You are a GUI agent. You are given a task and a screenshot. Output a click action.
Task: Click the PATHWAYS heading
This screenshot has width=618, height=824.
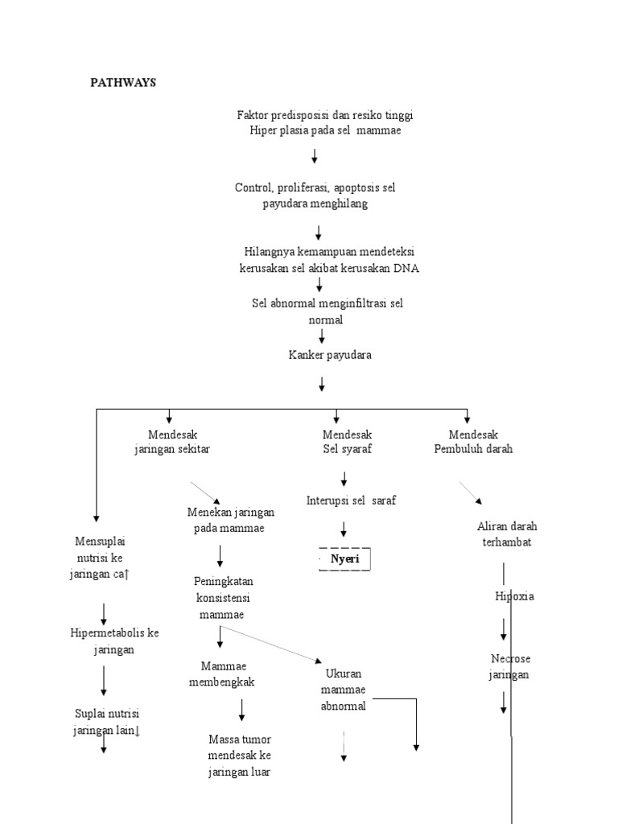pyautogui.click(x=123, y=82)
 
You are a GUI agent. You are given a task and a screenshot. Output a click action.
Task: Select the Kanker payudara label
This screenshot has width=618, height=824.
pyautogui.click(x=330, y=355)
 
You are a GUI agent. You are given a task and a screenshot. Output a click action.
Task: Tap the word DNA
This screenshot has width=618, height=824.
pyautogui.click(x=406, y=268)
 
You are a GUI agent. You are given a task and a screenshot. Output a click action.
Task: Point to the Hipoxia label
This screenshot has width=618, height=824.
pyautogui.click(x=514, y=596)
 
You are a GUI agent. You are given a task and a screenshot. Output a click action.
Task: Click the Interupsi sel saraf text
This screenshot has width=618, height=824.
pyautogui.click(x=351, y=500)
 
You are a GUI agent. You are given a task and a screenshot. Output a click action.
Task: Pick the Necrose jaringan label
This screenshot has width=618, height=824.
pyautogui.click(x=509, y=666)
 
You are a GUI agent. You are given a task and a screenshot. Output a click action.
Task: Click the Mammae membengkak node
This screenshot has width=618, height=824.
pyautogui.click(x=221, y=674)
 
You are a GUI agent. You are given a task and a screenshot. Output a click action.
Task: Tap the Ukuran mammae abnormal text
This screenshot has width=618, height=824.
pyautogui.click(x=344, y=690)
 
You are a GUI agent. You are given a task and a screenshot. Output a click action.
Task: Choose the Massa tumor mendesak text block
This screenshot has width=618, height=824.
pyautogui.click(x=240, y=755)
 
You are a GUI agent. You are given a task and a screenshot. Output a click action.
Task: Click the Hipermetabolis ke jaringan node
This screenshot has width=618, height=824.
pyautogui.click(x=114, y=641)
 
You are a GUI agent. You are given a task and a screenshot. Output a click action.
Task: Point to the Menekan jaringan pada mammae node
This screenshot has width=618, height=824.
pyautogui.click(x=230, y=520)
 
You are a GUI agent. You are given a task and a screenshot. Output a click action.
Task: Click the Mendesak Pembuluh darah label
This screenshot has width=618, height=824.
pyautogui.click(x=473, y=442)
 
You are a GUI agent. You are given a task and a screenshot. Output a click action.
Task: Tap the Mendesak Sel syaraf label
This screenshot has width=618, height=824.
pyautogui.click(x=347, y=442)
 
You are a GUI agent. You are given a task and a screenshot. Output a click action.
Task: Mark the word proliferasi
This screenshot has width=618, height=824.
pyautogui.click(x=302, y=187)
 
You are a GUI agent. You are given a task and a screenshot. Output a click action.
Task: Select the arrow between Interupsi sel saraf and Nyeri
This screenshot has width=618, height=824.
pyautogui.click(x=344, y=529)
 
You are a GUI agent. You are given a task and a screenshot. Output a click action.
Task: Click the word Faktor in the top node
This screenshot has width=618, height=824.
pyautogui.click(x=253, y=115)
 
